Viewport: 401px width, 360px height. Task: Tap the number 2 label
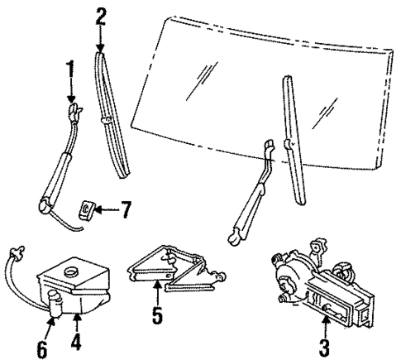101,15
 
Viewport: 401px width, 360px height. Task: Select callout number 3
325,344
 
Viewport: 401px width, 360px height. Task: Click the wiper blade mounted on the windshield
294,132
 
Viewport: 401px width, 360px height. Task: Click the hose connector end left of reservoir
15,249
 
